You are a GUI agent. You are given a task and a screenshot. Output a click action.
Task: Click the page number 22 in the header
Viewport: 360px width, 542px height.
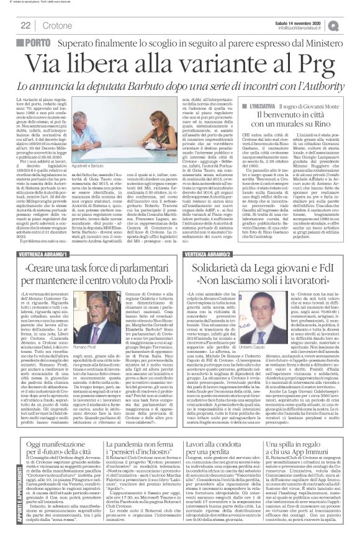pyautogui.click(x=25, y=25)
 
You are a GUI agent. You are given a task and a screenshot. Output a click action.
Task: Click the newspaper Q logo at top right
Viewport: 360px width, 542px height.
pyautogui.click(x=349, y=25)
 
